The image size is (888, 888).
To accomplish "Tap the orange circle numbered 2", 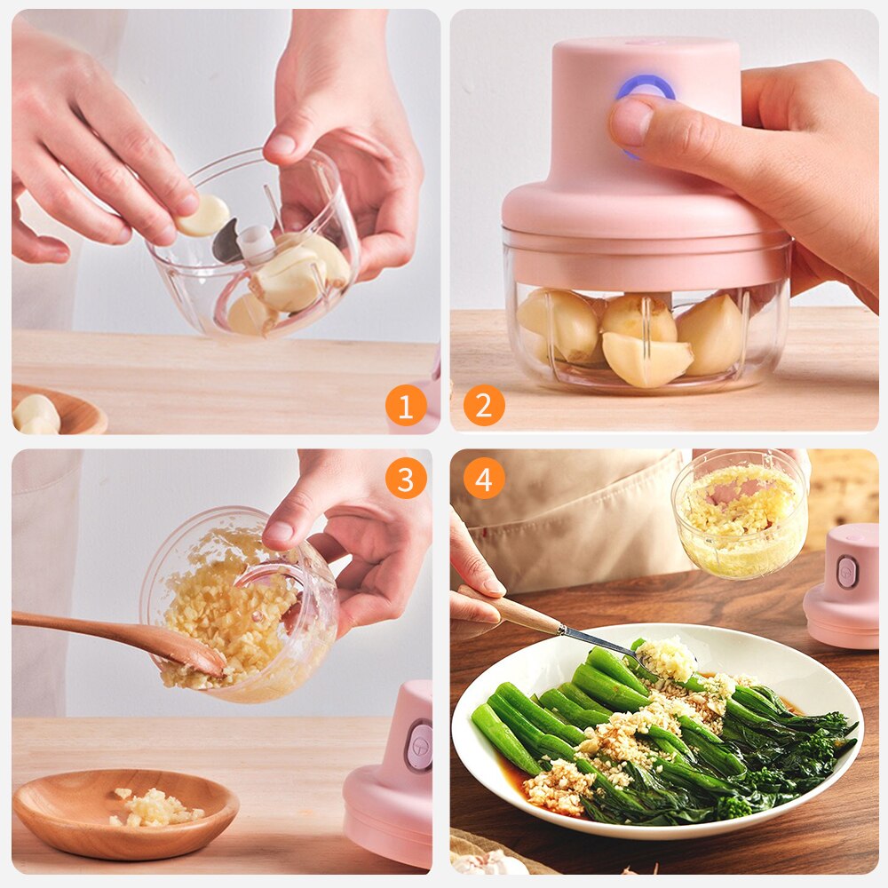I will coord(484,406).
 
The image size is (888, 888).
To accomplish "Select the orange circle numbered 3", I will coord(406,480).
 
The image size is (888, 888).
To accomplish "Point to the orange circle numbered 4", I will coord(484,480).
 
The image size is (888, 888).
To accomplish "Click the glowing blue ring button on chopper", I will coord(646,89).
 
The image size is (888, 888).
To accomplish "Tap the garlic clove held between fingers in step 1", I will coord(203,215).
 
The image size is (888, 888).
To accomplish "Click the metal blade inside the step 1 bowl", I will coord(226,242).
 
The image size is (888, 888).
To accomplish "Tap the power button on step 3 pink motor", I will coord(418,746).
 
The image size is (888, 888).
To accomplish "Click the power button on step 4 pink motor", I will coord(846,572).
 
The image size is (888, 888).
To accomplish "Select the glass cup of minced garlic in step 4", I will coord(740,515).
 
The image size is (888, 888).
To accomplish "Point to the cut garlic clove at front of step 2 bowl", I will coord(647,359).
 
